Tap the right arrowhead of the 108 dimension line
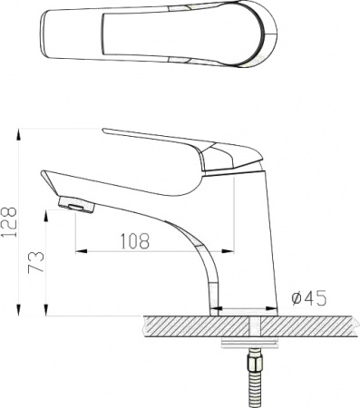[230, 250]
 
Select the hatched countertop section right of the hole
[308, 326]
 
